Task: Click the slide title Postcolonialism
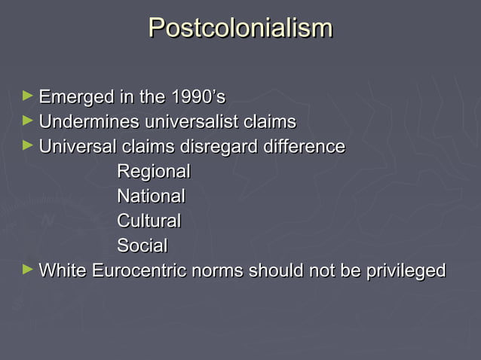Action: pyautogui.click(x=240, y=29)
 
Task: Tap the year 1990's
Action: pyautogui.click(x=198, y=97)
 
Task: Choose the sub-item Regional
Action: pyautogui.click(x=153, y=171)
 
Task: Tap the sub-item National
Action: pyautogui.click(x=151, y=196)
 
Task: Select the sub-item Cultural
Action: pyautogui.click(x=149, y=221)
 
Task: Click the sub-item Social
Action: pyautogui.click(x=142, y=246)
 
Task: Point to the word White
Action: pyautogui.click(x=62, y=270)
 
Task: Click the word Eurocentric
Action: pyautogui.click(x=139, y=270)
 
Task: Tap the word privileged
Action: pyautogui.click(x=406, y=270)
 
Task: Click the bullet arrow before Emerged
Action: pyautogui.click(x=28, y=96)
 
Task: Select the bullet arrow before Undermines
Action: pyautogui.click(x=28, y=120)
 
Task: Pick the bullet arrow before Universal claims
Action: pyautogui.click(x=28, y=145)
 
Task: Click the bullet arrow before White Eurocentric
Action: pyautogui.click(x=28, y=268)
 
